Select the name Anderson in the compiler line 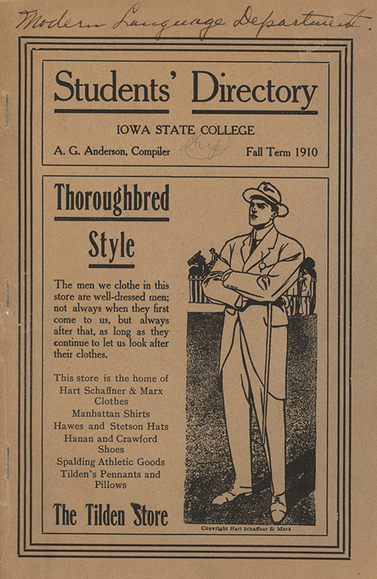[x=109, y=152]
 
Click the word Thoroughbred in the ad [x=112, y=198]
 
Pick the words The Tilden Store [x=111, y=516]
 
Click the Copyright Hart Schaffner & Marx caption [x=250, y=529]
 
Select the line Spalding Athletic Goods [x=111, y=462]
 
